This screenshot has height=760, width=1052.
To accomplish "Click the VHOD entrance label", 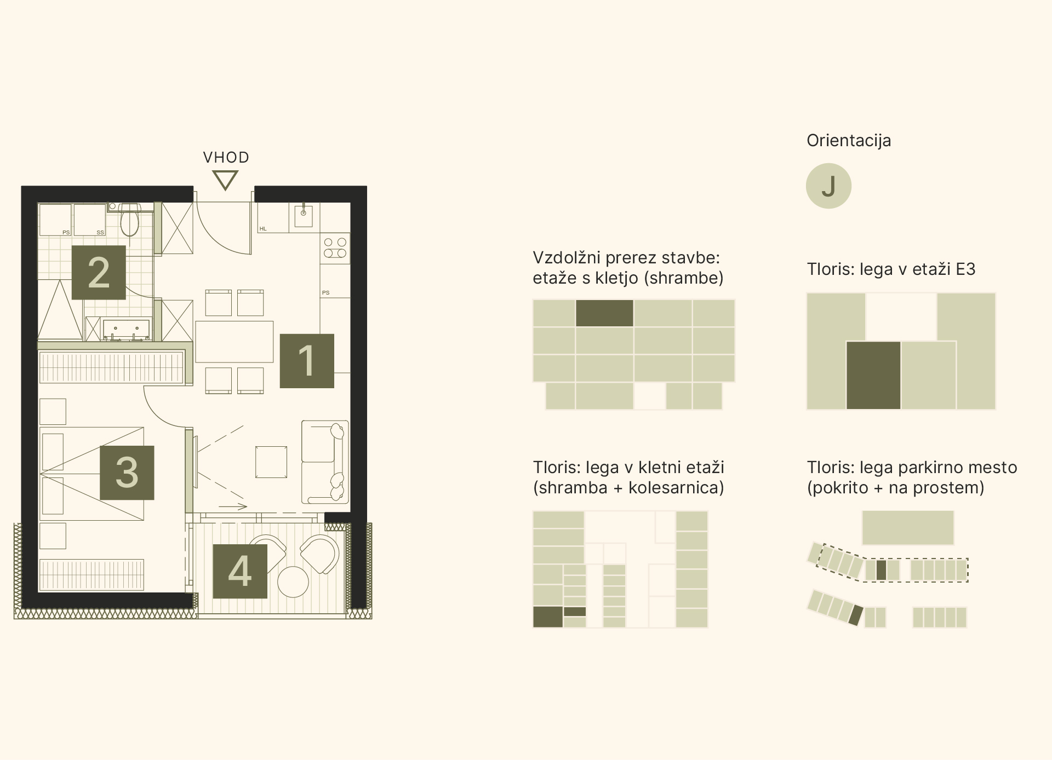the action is click(x=226, y=158).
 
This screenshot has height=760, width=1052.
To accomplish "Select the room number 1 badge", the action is click(x=307, y=361).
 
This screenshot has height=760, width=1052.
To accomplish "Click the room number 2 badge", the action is click(x=99, y=272).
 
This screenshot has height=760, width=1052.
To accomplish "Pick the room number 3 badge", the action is click(x=127, y=473).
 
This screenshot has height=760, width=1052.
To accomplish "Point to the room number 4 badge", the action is click(x=240, y=571).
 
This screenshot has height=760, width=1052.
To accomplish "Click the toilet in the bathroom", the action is click(x=130, y=220).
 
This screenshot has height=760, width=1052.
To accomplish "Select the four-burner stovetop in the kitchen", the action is click(x=335, y=247).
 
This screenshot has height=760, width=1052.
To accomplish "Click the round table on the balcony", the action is click(x=293, y=581).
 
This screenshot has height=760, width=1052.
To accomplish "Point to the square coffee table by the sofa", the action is click(x=271, y=462).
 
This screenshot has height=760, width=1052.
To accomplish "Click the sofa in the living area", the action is click(x=325, y=462).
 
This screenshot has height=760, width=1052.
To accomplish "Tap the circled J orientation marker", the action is click(x=828, y=186).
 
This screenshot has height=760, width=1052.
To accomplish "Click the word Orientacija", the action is click(x=849, y=141).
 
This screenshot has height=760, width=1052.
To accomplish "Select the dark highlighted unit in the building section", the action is click(x=604, y=313).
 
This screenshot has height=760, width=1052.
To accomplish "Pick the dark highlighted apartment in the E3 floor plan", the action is click(x=873, y=376).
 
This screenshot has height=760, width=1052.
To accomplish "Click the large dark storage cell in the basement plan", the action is click(x=548, y=617).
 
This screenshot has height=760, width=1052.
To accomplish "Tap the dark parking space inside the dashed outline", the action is click(x=881, y=570).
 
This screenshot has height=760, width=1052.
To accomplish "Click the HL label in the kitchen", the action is click(x=263, y=229).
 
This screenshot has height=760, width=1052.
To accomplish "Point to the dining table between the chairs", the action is click(x=234, y=342).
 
